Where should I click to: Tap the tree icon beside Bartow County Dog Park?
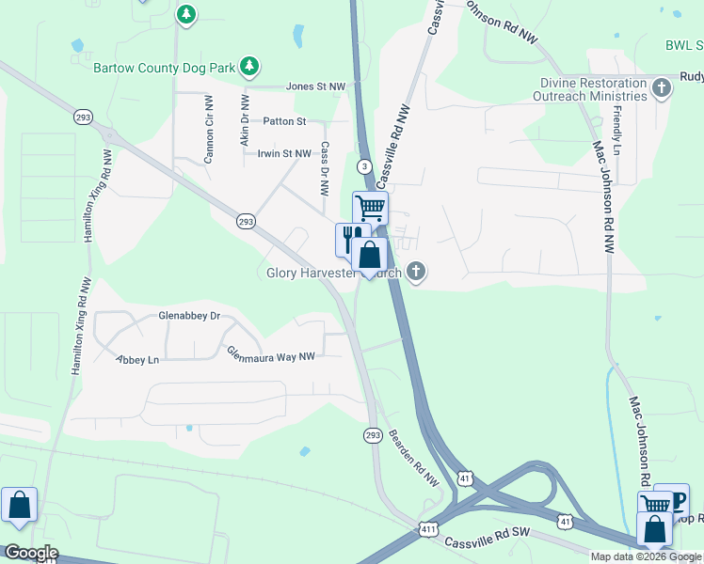(x=249, y=66)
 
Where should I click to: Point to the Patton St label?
(x=284, y=121)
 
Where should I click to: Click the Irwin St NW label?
(x=283, y=153)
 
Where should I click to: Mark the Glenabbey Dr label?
(x=189, y=316)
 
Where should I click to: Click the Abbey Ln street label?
(x=137, y=359)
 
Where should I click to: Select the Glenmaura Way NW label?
(x=271, y=353)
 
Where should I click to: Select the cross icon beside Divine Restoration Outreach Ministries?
(x=663, y=89)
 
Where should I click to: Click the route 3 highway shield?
(x=362, y=166)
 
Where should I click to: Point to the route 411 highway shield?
(x=427, y=530)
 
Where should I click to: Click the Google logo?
(x=30, y=553)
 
